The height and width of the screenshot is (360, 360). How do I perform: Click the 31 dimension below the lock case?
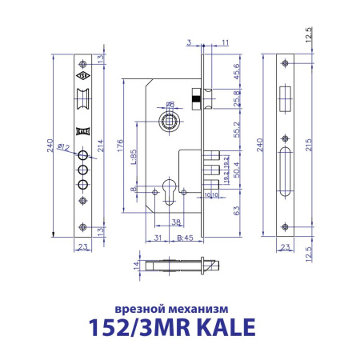click(x=159, y=237)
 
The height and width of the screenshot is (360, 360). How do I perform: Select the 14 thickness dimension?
click(x=137, y=264)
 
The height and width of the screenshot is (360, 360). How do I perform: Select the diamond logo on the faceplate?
click(x=82, y=78)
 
